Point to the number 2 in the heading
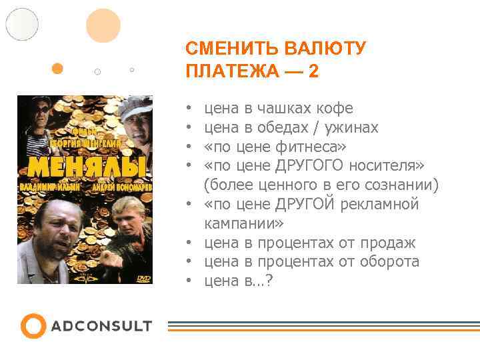(x=313, y=71)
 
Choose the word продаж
(x=389, y=243)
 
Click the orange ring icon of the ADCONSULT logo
(x=33, y=326)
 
